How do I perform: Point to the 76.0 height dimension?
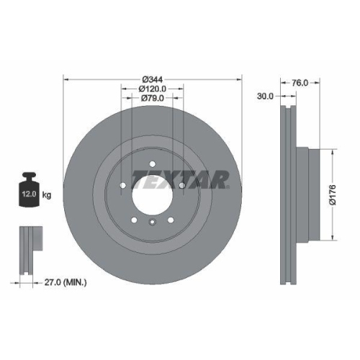[300, 83]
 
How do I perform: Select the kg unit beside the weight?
[46, 194]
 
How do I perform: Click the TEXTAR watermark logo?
[180, 178]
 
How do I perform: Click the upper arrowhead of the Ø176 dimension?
[332, 153]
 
